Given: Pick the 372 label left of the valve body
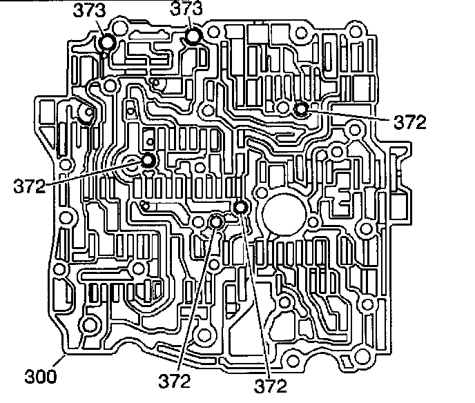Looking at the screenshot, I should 28,185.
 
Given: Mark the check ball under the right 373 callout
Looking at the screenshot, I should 193,36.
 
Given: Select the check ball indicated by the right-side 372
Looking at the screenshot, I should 301,109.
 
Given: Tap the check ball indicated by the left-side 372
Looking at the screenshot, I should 148,161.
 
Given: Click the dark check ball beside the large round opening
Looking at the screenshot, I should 240,207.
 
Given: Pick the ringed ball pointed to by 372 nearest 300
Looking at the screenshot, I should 217,222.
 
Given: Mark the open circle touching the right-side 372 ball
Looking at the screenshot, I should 284,110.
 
